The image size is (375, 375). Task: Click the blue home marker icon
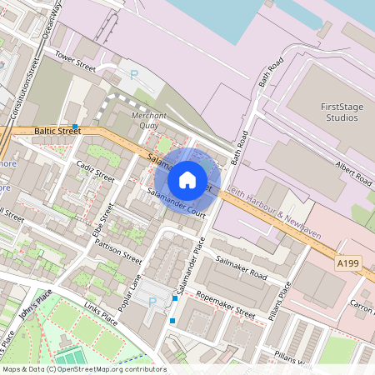[187, 179]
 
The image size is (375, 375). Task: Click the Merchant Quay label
[150, 121]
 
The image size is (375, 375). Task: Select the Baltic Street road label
[57, 131]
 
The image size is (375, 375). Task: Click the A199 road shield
[349, 263]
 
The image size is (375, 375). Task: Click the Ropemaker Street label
[224, 305]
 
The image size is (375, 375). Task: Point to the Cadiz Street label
[94, 172]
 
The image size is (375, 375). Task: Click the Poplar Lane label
[131, 295]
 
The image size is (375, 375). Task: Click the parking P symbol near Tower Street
[134, 75]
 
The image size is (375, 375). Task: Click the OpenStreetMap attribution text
[83, 368]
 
